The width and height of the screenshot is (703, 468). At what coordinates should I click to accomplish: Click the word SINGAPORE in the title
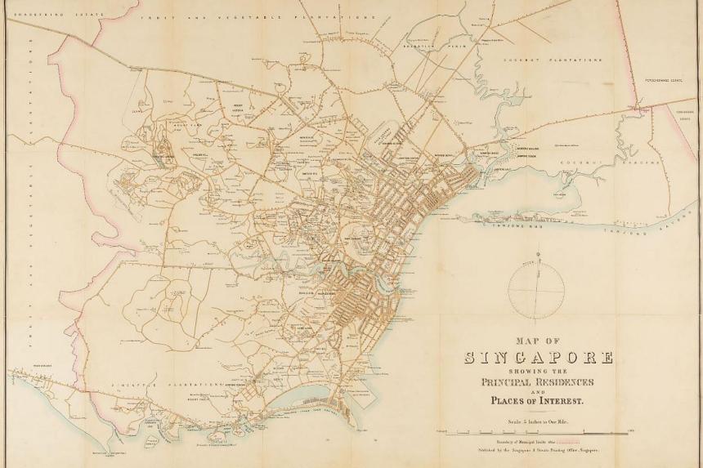(x=539, y=357)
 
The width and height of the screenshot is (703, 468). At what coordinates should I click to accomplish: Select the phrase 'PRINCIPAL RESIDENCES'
(x=538, y=381)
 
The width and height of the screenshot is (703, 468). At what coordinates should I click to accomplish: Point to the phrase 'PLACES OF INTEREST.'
(x=538, y=400)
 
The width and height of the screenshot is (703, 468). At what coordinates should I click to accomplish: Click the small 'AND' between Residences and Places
(x=538, y=391)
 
